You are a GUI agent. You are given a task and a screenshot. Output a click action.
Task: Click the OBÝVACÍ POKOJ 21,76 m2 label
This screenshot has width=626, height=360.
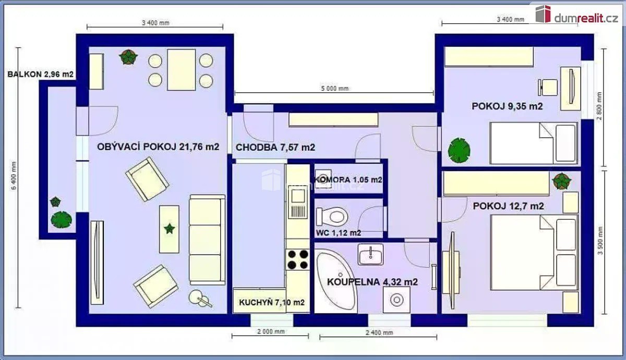point(158,147)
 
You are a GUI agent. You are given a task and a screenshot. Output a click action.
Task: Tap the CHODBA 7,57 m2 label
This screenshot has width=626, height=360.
point(275,147)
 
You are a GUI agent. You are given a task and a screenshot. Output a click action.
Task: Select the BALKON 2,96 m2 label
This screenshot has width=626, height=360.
point(40,74)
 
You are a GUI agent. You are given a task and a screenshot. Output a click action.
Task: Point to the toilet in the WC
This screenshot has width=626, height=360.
point(332,217)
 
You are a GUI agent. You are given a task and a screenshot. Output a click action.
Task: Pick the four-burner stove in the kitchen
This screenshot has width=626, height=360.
point(298,259)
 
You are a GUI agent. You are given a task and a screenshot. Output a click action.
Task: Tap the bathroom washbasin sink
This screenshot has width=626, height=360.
point(370,255)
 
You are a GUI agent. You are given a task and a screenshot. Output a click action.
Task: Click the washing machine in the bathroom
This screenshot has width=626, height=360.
point(396,300)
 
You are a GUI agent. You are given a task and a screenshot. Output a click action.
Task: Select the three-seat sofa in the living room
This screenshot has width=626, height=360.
point(208,240)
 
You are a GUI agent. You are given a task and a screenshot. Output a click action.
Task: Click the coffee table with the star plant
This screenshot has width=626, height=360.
point(169,229)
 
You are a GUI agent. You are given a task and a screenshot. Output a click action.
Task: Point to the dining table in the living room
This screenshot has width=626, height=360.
point(181,69)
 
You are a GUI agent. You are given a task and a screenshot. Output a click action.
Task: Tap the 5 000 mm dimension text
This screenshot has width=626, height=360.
point(335,89)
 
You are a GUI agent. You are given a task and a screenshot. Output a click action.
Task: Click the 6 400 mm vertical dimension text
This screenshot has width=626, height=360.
point(14,176)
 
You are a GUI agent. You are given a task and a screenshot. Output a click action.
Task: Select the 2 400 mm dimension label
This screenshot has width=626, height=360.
point(379,333)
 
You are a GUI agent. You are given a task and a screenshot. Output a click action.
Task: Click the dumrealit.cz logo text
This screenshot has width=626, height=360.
point(586,18)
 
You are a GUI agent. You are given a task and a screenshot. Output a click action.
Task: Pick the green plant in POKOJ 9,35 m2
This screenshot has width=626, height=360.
point(459,150)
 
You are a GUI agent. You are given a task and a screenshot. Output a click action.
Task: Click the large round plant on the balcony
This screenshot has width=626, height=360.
point(61,220)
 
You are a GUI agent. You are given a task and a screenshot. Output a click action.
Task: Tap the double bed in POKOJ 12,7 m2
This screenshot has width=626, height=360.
point(534,253)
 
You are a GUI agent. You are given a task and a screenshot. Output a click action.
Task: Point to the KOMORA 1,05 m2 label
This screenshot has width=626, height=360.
point(348,179)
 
